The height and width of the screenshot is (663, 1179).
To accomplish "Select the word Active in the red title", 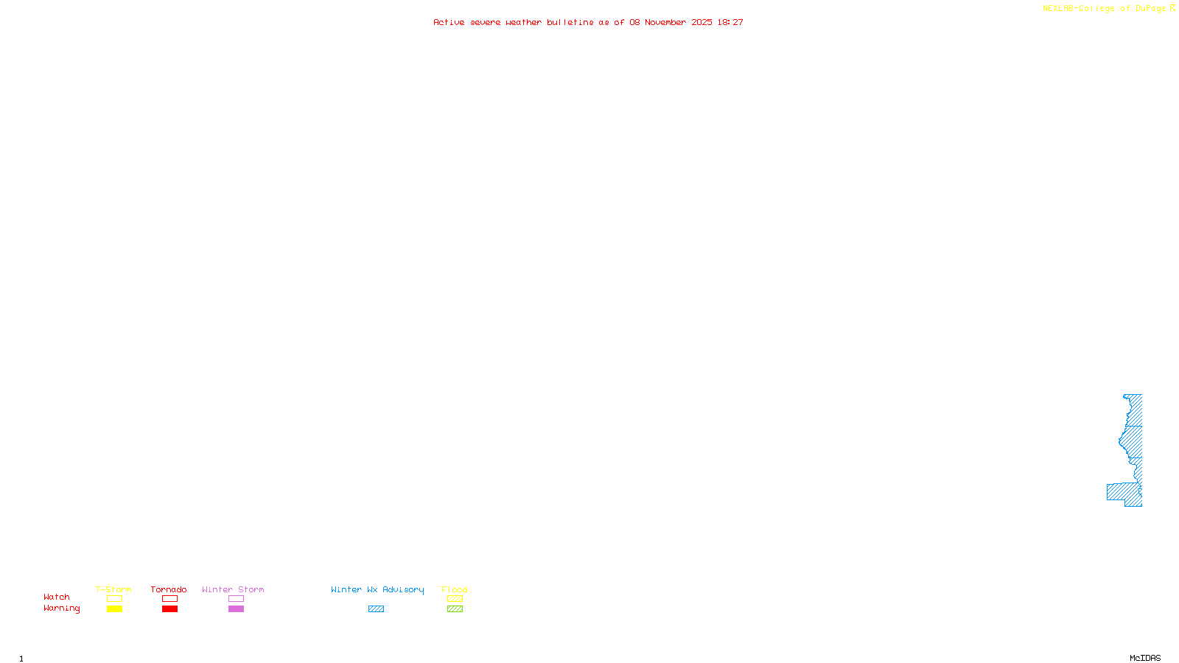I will [449, 23].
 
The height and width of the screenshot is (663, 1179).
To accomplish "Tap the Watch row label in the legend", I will [57, 597].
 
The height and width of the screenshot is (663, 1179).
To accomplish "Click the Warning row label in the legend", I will [61, 608].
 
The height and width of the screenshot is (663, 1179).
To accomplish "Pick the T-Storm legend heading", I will [113, 589].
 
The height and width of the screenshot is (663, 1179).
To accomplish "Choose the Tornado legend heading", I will [169, 589].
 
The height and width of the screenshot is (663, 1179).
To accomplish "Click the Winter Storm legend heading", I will [233, 589].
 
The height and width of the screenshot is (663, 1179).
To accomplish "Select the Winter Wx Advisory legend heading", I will [377, 589].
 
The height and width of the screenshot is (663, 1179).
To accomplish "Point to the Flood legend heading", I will [455, 589].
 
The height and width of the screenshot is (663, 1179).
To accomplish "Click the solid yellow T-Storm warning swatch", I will [114, 609].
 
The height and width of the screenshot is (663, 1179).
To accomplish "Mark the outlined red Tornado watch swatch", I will [170, 599].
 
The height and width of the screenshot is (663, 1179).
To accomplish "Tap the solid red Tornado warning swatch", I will [170, 609].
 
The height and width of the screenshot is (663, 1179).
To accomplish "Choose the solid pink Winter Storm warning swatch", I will [236, 609].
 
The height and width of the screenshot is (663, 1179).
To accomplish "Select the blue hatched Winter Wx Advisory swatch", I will [376, 609].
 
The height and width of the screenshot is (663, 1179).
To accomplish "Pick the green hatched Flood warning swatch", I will [455, 609].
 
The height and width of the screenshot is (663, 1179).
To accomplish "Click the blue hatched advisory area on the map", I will [1133, 442].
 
